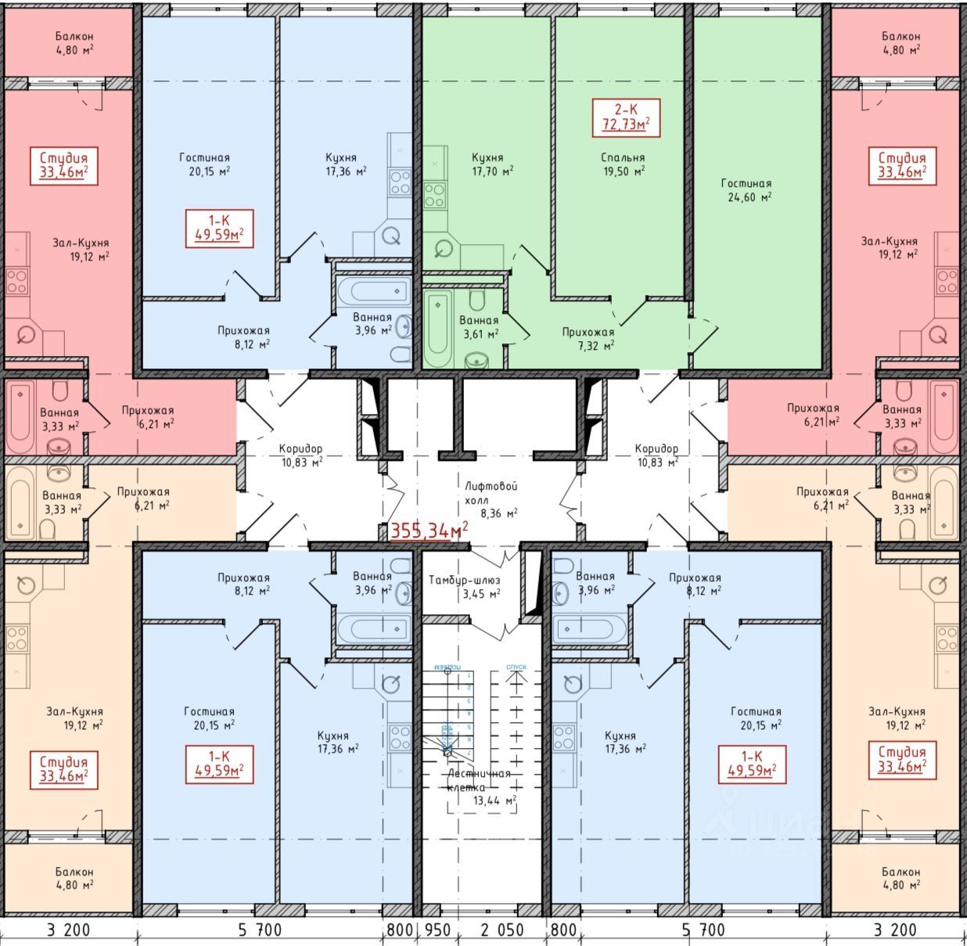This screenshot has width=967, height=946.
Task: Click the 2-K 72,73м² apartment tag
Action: pos(626,117)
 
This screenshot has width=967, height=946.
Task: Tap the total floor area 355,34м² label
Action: pos(429,531)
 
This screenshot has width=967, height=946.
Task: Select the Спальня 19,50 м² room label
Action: pos(623,164)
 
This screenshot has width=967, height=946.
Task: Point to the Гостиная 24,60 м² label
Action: pos(746,190)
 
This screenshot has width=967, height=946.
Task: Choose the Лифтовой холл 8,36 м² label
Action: pos(491,499)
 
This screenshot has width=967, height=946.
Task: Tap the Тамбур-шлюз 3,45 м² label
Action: pos(464,587)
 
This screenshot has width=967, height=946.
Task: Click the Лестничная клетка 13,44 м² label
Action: pos(479,786)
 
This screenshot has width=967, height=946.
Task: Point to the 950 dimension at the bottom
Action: pos(437,930)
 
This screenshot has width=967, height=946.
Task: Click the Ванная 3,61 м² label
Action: pos(478,327)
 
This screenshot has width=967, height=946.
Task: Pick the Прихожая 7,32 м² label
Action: pos(588,338)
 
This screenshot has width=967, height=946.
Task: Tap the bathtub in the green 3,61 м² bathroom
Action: pos(438,329)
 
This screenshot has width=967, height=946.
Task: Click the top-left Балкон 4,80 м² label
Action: pos(74,42)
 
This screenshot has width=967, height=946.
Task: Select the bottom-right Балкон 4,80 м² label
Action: pos(900,878)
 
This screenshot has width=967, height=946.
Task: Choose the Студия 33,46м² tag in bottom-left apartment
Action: pos(64,768)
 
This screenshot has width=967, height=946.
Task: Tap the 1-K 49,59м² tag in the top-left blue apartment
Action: pos(219,227)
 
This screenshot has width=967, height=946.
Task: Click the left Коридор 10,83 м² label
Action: pos(300,455)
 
